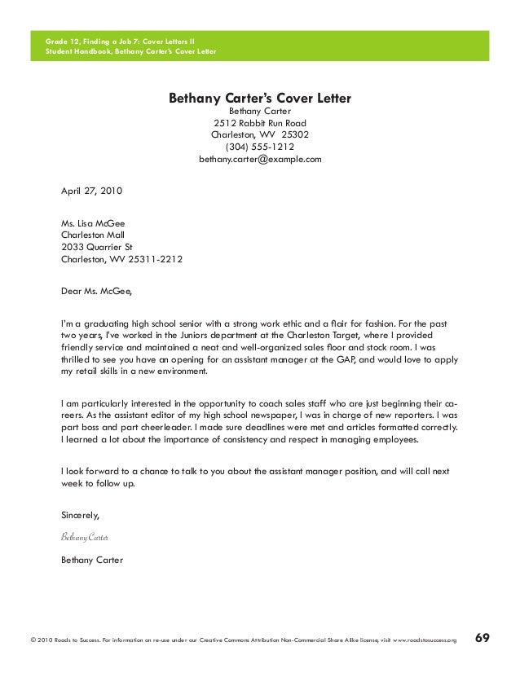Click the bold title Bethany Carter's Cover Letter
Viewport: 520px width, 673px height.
coord(259,99)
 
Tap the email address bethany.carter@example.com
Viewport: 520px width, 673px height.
coord(260,160)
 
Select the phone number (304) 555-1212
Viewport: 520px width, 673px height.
coord(260,147)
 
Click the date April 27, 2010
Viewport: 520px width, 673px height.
coord(91,191)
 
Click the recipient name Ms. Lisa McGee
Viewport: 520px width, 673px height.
coord(93,223)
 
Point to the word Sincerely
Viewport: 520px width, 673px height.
coord(81,515)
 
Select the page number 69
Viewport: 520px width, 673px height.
coord(483,639)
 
